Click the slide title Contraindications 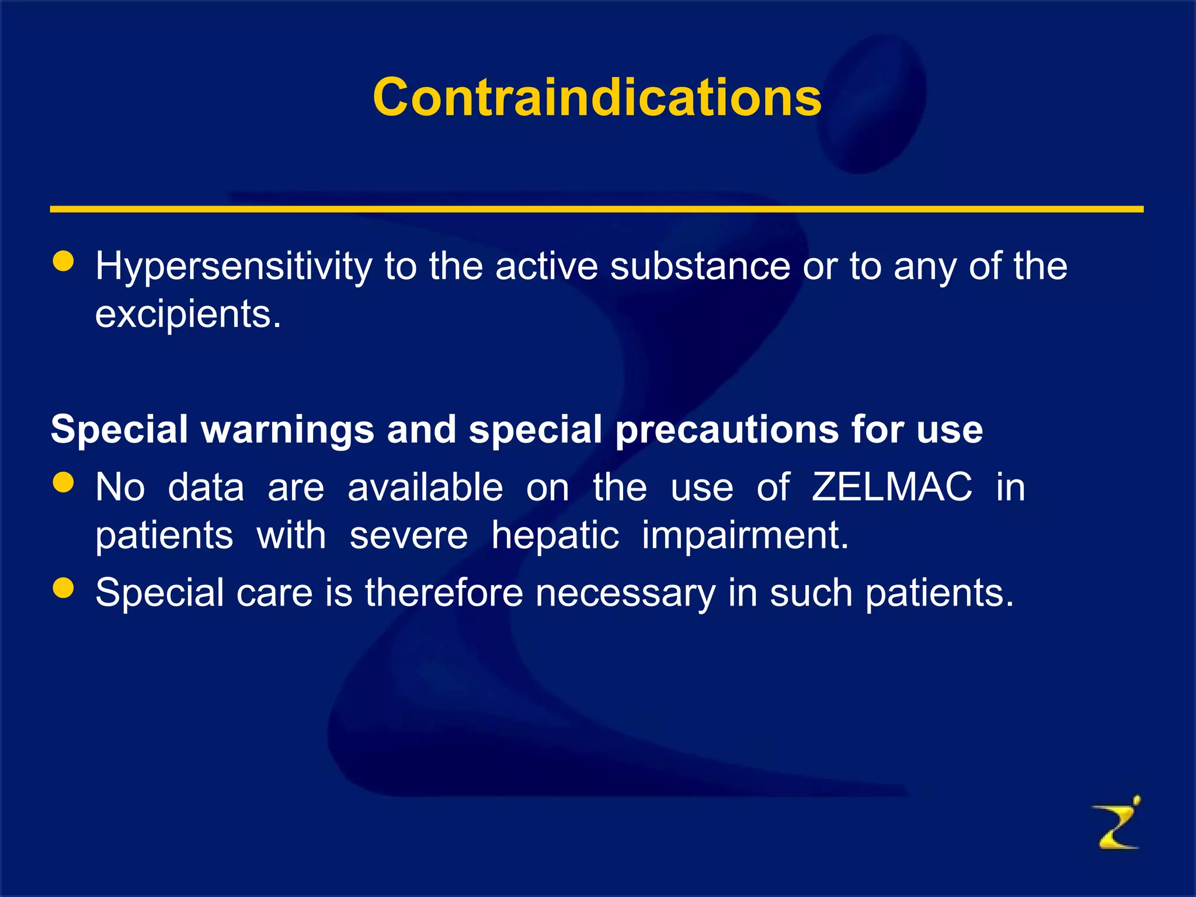click(597, 98)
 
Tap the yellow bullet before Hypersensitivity click(63, 262)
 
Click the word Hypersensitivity click(234, 267)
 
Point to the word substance click(700, 266)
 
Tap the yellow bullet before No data click(63, 482)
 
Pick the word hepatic click(555, 536)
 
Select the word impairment click(745, 536)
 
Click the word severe click(408, 536)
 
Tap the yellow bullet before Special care click(63, 588)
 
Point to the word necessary click(625, 593)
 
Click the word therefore click(444, 593)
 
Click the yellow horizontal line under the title click(596, 209)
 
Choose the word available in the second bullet click(425, 487)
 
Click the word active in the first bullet click(547, 266)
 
